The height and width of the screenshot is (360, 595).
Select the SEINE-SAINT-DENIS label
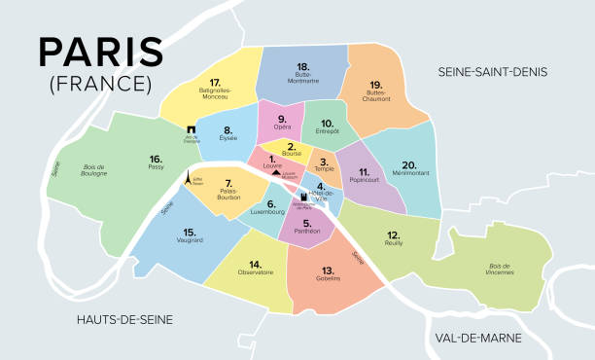[x=493, y=72]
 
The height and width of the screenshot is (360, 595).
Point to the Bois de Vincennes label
[x=500, y=270]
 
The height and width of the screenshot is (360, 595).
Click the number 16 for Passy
[x=155, y=158]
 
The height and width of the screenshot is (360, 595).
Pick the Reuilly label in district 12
[x=393, y=245]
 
